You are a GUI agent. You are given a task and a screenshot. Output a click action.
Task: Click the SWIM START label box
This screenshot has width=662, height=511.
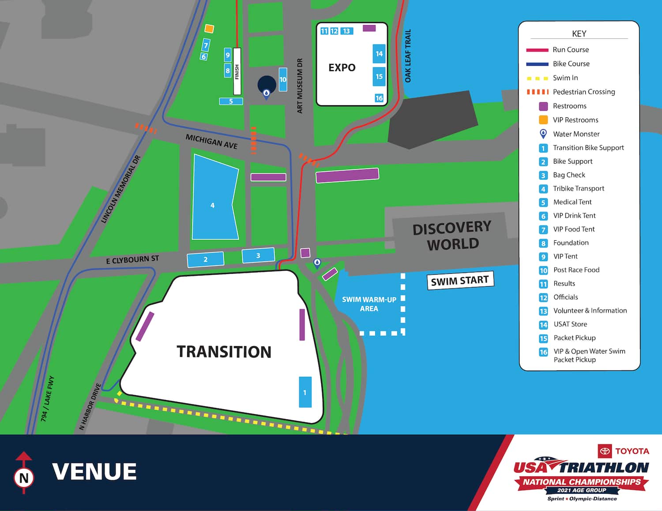pyautogui.click(x=460, y=280)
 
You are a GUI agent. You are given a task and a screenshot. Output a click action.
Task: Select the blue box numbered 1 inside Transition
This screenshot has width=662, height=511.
pyautogui.click(x=305, y=392)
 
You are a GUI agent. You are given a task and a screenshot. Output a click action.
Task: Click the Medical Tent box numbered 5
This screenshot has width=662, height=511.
pyautogui.click(x=231, y=101)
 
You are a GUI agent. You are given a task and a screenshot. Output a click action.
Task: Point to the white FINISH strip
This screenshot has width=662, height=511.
pyautogui.click(x=237, y=71)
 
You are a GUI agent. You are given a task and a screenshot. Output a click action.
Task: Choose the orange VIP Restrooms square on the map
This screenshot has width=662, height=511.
pyautogui.click(x=209, y=29)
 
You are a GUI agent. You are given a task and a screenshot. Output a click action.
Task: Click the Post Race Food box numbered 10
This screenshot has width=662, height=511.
pyautogui.click(x=283, y=79)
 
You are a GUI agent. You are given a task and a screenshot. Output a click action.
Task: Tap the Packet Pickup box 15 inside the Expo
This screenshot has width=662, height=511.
pyautogui.click(x=379, y=76)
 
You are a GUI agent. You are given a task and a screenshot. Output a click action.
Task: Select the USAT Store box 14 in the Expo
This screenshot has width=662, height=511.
pyautogui.click(x=379, y=54)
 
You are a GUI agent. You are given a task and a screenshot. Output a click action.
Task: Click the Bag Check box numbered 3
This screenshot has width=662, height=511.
pyautogui.click(x=258, y=255)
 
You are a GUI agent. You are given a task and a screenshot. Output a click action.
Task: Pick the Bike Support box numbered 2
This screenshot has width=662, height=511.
pyautogui.click(x=205, y=259)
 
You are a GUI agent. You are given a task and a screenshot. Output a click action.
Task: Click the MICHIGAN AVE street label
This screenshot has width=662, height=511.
pyautogui.click(x=211, y=142)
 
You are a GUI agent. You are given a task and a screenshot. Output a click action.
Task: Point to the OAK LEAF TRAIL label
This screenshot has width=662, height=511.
pyautogui.click(x=408, y=56)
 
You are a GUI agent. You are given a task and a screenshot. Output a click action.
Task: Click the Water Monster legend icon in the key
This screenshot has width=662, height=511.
pyautogui.click(x=543, y=134)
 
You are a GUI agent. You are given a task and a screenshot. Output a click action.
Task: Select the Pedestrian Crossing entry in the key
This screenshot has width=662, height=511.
pyautogui.click(x=583, y=92)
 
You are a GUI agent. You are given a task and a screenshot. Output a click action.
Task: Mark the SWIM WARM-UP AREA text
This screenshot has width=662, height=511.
pyautogui.click(x=369, y=304)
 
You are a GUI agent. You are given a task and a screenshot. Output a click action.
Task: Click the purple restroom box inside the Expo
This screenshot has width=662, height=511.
pyautogui.click(x=369, y=28)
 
